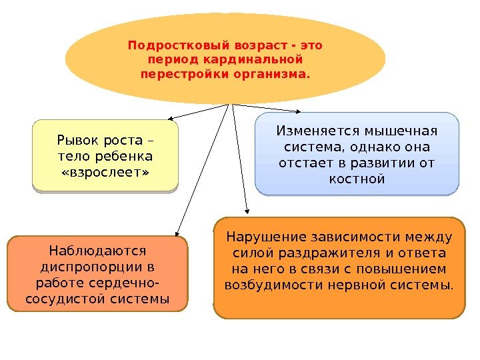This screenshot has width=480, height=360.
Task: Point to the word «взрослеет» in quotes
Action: click(x=105, y=173)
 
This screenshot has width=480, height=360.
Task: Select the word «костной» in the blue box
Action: click(x=357, y=179)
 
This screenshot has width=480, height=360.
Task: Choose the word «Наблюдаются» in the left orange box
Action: click(x=97, y=251)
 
